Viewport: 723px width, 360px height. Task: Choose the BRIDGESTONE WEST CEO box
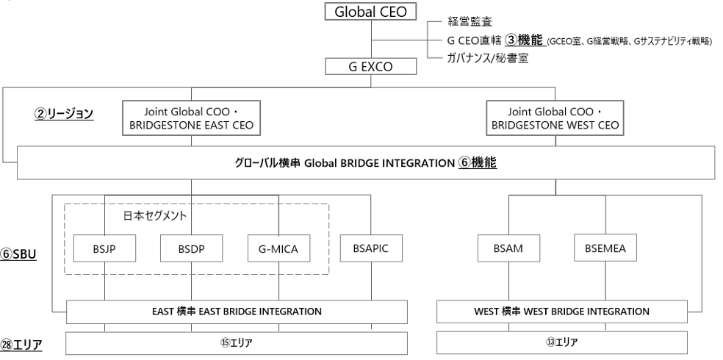click(554, 118)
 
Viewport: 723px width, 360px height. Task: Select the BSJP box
click(105, 249)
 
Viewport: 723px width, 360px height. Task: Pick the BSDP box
click(191, 249)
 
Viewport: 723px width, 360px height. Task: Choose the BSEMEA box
click(605, 249)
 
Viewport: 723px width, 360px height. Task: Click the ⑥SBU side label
click(21, 258)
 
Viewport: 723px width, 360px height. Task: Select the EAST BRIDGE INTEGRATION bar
click(237, 311)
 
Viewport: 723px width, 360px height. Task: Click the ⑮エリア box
click(237, 342)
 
